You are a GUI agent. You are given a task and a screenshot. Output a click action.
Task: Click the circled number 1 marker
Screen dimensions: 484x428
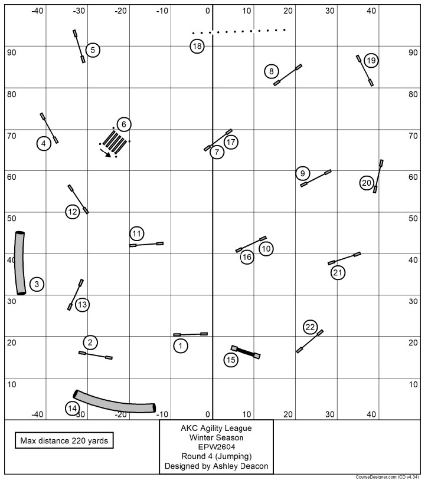[181, 346]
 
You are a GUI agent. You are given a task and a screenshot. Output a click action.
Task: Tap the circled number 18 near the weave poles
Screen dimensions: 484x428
[197, 46]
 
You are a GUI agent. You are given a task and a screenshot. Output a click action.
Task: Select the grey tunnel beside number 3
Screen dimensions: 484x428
[20, 263]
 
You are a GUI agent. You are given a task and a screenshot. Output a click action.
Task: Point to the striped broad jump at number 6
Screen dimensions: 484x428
[114, 141]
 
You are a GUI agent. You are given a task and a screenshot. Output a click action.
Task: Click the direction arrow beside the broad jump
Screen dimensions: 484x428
[106, 153]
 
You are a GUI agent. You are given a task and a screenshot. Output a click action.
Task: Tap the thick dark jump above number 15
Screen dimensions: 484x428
[246, 352]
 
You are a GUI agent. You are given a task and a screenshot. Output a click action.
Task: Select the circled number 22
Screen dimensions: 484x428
[311, 327]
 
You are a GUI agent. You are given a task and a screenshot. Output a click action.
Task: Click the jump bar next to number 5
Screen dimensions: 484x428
[79, 47]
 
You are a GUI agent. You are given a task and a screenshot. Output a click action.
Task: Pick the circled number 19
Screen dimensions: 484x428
[371, 60]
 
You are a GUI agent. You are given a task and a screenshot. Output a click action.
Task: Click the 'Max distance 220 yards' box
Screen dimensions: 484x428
[65, 440]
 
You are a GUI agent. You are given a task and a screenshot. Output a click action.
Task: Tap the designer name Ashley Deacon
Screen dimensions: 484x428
[216, 466]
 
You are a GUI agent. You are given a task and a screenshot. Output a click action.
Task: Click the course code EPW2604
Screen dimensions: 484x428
[216, 447]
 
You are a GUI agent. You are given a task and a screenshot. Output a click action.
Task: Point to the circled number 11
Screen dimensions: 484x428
[137, 234]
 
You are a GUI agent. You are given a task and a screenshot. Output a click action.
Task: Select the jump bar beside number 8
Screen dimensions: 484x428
[288, 75]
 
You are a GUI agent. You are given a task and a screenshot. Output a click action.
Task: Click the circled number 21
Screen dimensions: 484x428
[338, 272]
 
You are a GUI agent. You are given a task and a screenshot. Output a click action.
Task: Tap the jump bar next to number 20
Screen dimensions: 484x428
[378, 176]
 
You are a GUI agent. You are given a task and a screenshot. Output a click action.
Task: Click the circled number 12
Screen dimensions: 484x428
[72, 211]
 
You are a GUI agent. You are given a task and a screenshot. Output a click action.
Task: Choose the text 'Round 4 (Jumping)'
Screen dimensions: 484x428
[216, 456]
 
